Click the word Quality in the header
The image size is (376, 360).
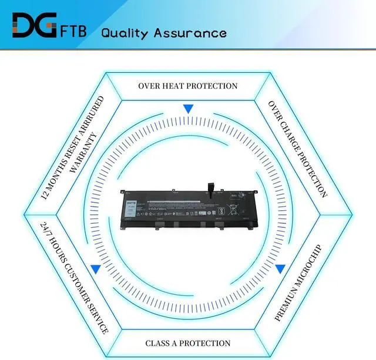125,32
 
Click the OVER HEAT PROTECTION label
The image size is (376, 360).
188,86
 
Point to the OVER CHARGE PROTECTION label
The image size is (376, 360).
297,149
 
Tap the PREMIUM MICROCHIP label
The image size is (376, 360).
298,282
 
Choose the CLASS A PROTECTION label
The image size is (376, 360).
188,343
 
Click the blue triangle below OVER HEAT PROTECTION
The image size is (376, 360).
188,109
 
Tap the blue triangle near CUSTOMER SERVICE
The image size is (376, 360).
95,269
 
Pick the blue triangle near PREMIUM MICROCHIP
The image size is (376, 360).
280,269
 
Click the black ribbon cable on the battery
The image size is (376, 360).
210,191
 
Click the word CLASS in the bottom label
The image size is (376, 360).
159,343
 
